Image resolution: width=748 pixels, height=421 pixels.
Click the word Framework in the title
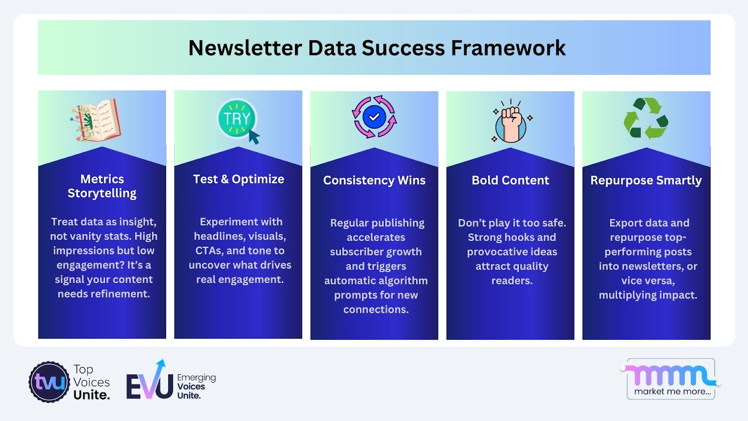[x=508, y=48]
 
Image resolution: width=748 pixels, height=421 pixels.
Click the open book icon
[x=96, y=120]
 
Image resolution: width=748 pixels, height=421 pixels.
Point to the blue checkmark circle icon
[x=374, y=117]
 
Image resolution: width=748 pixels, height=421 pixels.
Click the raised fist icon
[x=511, y=121]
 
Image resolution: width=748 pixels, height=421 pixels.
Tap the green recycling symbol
[x=646, y=118]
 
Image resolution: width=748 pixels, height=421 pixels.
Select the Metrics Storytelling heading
[x=102, y=186]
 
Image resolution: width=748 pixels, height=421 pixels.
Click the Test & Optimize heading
[x=238, y=180]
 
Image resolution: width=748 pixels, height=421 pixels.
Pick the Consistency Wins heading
[x=374, y=181]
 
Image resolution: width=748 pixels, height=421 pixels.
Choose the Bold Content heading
[x=510, y=181]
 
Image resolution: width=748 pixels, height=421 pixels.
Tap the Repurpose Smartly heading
[x=646, y=181]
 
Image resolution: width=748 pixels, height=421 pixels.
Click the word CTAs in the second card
[x=209, y=251]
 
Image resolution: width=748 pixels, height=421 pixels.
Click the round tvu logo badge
[x=49, y=382]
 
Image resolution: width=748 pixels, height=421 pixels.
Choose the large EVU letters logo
[x=150, y=381]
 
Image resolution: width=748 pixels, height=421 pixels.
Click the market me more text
[x=672, y=391]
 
